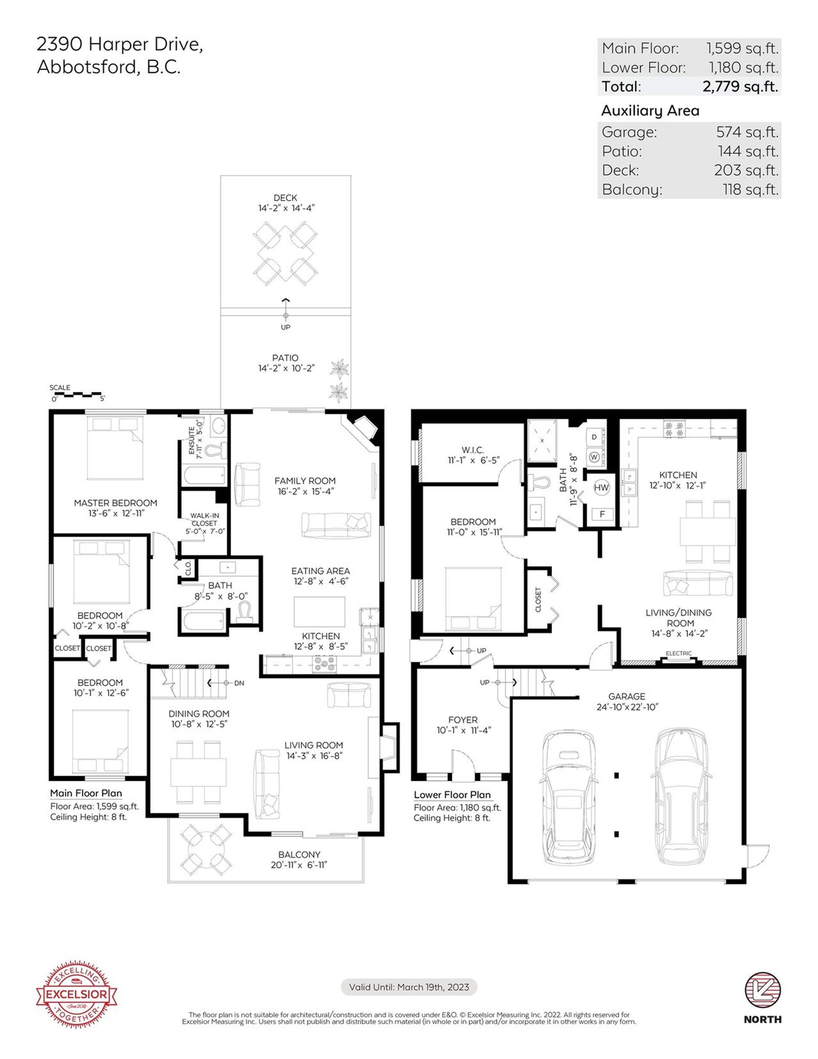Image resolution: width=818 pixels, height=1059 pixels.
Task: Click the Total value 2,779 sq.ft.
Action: pos(740,87)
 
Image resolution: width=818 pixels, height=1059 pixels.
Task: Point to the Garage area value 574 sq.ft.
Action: pos(747,132)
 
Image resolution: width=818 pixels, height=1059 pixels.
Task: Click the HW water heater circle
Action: pos(602,487)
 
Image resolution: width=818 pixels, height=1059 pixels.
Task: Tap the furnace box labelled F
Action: pos(602,514)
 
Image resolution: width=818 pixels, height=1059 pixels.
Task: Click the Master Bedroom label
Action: pos(115,503)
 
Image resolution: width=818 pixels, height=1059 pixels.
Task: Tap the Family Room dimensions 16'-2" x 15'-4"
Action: pos(305,491)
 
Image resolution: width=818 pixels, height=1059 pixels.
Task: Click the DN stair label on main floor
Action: pos(239,683)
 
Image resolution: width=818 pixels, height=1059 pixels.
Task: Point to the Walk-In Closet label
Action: pos(204,519)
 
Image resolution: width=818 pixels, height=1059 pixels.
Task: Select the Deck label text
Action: pos(285,198)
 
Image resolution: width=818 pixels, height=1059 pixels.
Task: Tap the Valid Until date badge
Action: pos(409,987)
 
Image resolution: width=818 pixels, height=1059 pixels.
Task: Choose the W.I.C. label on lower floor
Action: pos(472,450)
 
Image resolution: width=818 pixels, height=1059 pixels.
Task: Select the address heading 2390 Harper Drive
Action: pos(120,45)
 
